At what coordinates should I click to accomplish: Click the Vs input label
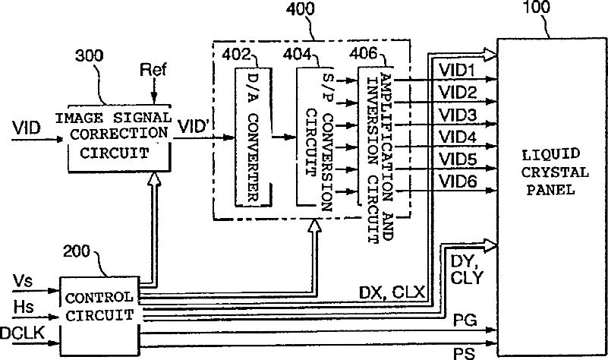pyautogui.click(x=22, y=281)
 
